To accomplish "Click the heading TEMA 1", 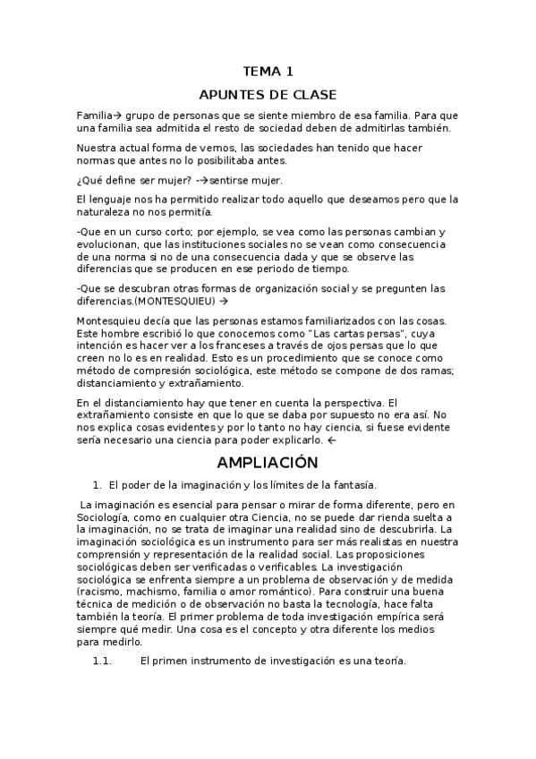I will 268,72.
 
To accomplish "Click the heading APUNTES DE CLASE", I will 268,95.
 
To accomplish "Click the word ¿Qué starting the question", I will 89,180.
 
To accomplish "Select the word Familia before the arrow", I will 93,115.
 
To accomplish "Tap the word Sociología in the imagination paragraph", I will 106,518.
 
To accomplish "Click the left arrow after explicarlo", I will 332,441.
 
